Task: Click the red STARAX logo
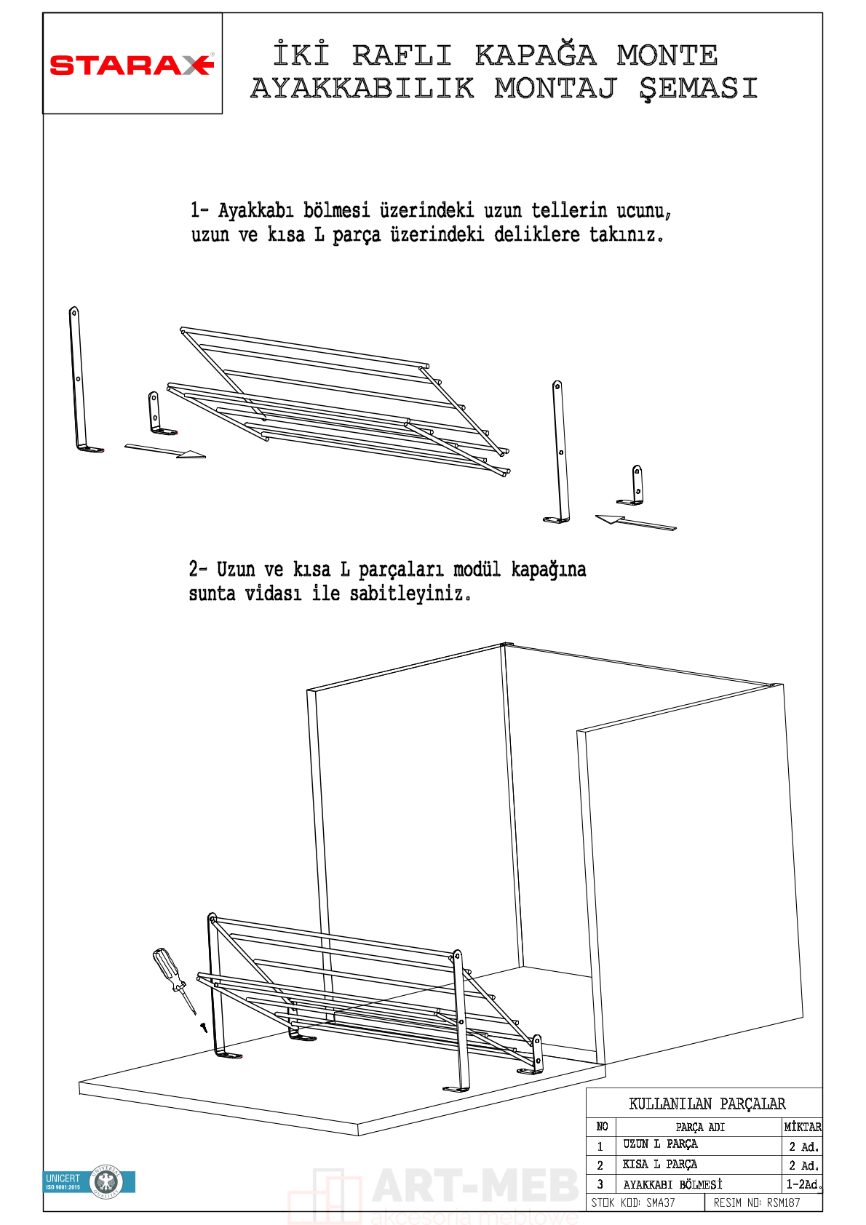point(132,65)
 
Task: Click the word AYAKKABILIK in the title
point(362,89)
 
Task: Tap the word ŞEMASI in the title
point(699,89)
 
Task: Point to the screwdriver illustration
point(173,978)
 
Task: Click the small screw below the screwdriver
point(204,1027)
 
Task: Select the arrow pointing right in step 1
point(165,451)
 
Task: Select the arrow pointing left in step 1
point(635,522)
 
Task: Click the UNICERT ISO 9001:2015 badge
point(90,1182)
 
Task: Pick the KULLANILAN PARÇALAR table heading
point(707,1104)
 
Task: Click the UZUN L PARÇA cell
point(660,1144)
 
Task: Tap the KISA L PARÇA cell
point(659,1164)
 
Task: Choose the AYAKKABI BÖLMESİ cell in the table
point(672,1184)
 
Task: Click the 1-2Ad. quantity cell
point(803,1184)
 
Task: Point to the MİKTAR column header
point(803,1127)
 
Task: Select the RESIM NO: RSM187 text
point(756,1202)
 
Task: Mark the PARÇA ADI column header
point(699,1127)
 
